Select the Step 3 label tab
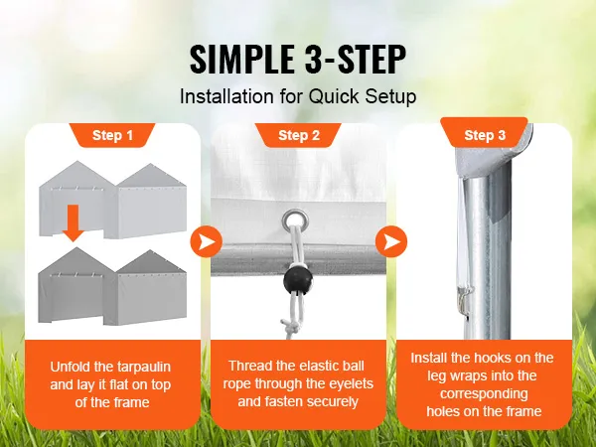point(485,135)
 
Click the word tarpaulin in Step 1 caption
point(146,366)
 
